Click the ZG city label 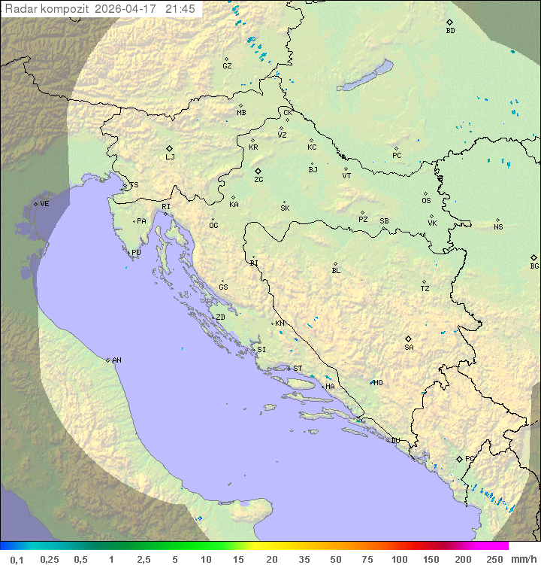pyautogui.click(x=258, y=180)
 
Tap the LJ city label pyautogui.click(x=170, y=157)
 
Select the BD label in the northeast pyautogui.click(x=450, y=31)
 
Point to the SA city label pyautogui.click(x=409, y=347)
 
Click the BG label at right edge pyautogui.click(x=534, y=266)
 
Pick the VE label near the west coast pyautogui.click(x=44, y=204)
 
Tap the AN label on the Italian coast pyautogui.click(x=116, y=360)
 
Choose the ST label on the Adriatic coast pyautogui.click(x=298, y=369)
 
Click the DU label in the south pyautogui.click(x=394, y=441)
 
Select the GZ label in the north pyautogui.click(x=227, y=66)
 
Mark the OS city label pyautogui.click(x=426, y=201)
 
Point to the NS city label pyautogui.click(x=498, y=227)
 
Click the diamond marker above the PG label pyautogui.click(x=460, y=458)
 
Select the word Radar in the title pyautogui.click(x=20, y=9)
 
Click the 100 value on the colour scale pyautogui.click(x=399, y=559)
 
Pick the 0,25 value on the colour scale pyautogui.click(x=50, y=559)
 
